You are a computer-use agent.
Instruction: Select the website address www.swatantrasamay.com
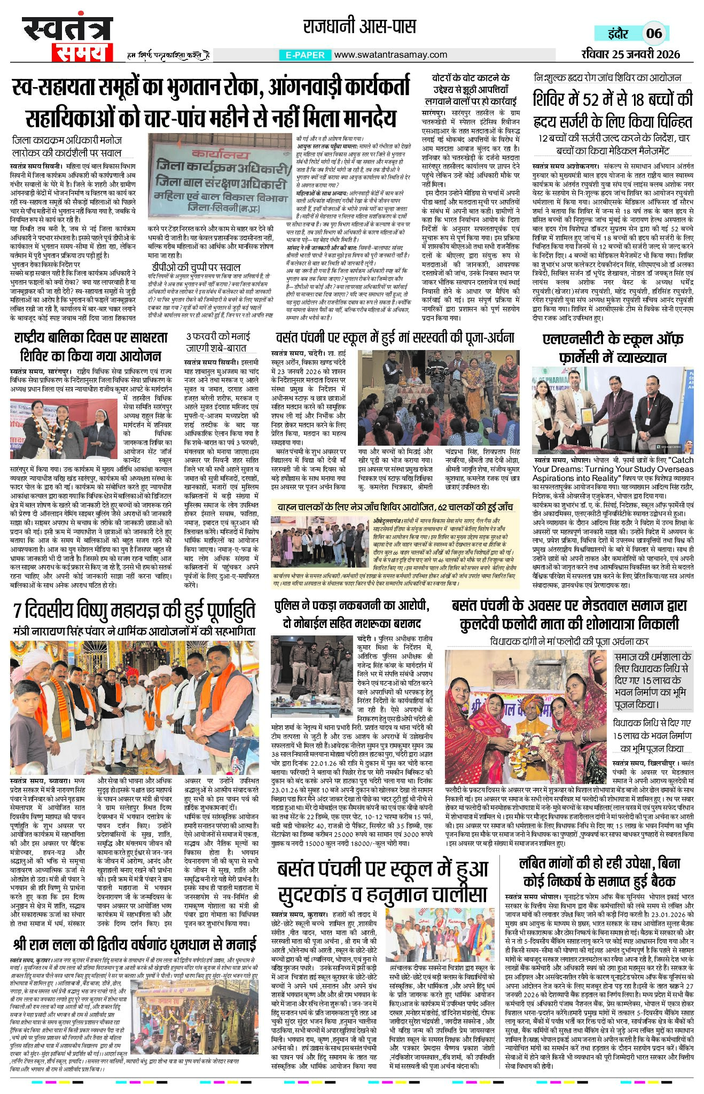click(390, 55)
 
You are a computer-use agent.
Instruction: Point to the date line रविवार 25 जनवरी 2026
click(630, 54)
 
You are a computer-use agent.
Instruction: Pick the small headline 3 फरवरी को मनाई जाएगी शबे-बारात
click(217, 342)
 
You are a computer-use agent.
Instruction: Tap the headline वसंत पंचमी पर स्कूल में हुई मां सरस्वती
click(395, 338)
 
